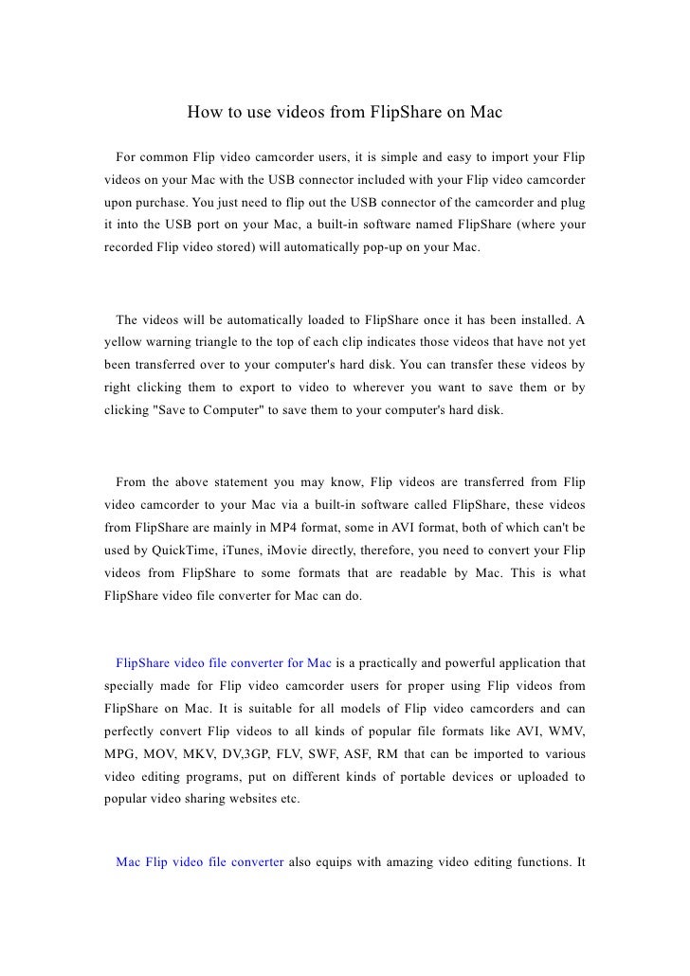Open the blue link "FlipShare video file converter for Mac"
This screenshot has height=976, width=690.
[223, 661]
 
